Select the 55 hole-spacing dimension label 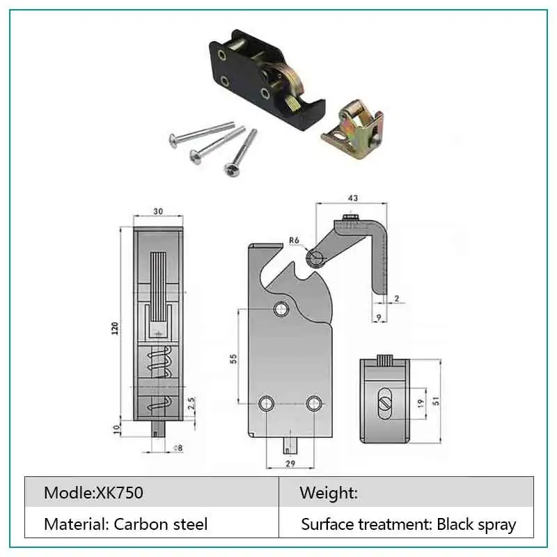coord(235,359)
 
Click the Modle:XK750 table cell coord(94,493)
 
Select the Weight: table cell coord(329,493)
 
